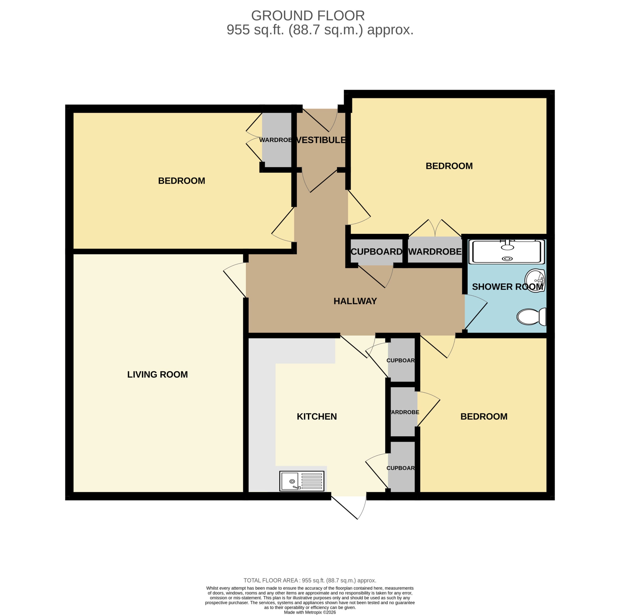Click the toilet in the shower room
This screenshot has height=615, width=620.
point(531,317)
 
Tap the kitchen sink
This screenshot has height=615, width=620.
point(302,481)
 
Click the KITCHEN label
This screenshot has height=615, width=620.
point(317,416)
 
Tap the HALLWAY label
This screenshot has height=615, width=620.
point(355,301)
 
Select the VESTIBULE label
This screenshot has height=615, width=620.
point(321,140)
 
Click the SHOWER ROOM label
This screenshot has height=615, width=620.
point(507,287)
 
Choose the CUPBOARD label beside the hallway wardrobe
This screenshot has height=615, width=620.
point(376,252)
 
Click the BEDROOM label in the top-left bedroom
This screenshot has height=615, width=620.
point(181,181)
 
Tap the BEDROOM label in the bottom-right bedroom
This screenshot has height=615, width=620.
point(484,416)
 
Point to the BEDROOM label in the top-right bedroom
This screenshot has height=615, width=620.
point(449,166)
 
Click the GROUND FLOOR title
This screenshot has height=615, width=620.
point(308,15)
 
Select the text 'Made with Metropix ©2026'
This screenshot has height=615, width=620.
point(310,612)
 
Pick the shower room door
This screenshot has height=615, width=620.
point(476,312)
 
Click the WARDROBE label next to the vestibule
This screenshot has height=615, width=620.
point(275,140)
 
